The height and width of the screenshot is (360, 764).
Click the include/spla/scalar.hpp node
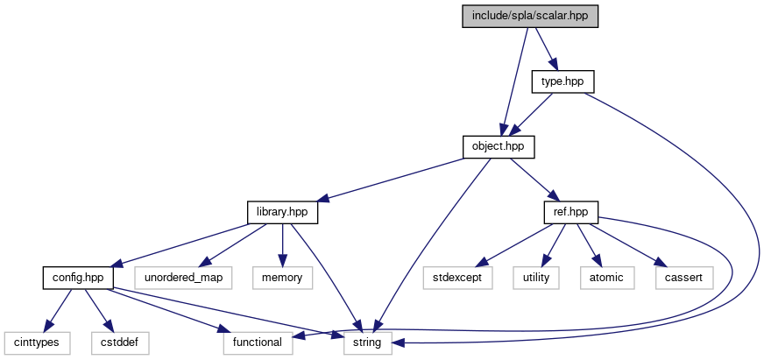pyautogui.click(x=530, y=17)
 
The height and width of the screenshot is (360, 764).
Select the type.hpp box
pyautogui.click(x=562, y=81)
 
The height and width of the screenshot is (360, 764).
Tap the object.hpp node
pyautogui.click(x=498, y=146)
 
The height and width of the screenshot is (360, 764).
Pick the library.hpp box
pyautogui.click(x=282, y=212)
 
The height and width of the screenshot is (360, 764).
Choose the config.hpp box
pyautogui.click(x=78, y=278)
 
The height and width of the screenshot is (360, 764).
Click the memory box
pyautogui.click(x=281, y=278)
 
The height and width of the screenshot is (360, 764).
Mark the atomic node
pyautogui.click(x=606, y=278)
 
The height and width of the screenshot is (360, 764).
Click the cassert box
pyautogui.click(x=683, y=278)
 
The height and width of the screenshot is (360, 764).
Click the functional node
pyautogui.click(x=258, y=342)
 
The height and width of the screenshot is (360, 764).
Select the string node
pyautogui.click(x=366, y=342)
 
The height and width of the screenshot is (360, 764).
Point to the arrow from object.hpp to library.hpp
pyautogui.click(x=394, y=179)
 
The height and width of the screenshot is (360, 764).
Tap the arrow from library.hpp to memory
pyautogui.click(x=281, y=245)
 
